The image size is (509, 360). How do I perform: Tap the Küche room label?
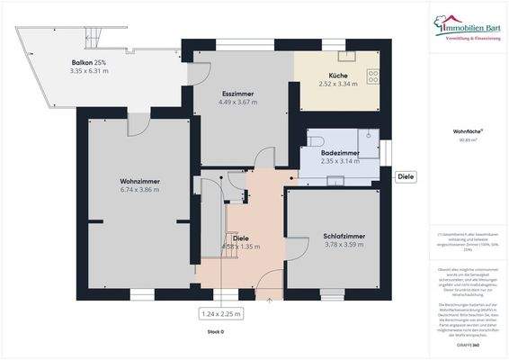[338, 75]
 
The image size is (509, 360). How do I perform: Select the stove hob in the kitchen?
[374, 76]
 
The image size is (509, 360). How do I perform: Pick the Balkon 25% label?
[89, 61]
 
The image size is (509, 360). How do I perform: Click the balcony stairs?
[94, 37]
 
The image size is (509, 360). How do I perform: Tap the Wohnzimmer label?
[139, 181]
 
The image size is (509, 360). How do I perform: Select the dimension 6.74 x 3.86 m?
[139, 190]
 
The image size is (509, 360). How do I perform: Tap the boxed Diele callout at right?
[405, 176]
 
